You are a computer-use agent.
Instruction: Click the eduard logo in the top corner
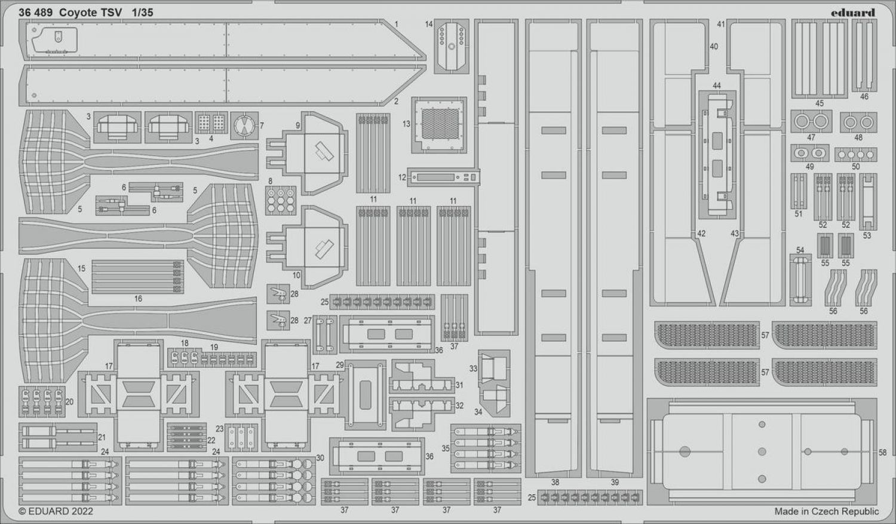pyautogui.click(x=852, y=13)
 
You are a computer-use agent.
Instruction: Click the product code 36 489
pyautogui.click(x=35, y=13)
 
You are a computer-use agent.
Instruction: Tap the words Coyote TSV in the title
pyautogui.click(x=90, y=13)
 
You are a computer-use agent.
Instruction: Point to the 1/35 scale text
pyautogui.click(x=142, y=13)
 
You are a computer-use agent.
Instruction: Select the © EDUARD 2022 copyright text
pyautogui.click(x=56, y=511)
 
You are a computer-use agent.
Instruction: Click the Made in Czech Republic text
pyautogui.click(x=827, y=511)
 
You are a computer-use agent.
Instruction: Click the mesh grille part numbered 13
pyautogui.click(x=439, y=125)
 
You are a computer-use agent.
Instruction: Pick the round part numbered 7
pyautogui.click(x=244, y=125)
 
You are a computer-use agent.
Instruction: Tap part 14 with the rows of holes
pyautogui.click(x=452, y=46)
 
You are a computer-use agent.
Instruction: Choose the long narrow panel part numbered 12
pyautogui.click(x=443, y=177)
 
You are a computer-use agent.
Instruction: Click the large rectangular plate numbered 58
pyautogui.click(x=762, y=452)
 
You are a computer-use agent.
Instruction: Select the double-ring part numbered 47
pyautogui.click(x=811, y=121)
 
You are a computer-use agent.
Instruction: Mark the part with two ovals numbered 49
pyautogui.click(x=809, y=153)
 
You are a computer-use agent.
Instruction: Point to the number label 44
pyautogui.click(x=716, y=86)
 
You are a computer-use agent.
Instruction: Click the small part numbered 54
pyautogui.click(x=800, y=280)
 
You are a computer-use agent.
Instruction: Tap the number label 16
pyautogui.click(x=138, y=299)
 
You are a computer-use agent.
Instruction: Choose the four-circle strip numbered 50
pyautogui.click(x=855, y=154)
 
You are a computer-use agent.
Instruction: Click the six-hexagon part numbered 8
pyautogui.click(x=280, y=200)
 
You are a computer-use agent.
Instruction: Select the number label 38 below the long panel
pyautogui.click(x=555, y=482)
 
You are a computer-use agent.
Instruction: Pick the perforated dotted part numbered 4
pyautogui.click(x=211, y=122)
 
